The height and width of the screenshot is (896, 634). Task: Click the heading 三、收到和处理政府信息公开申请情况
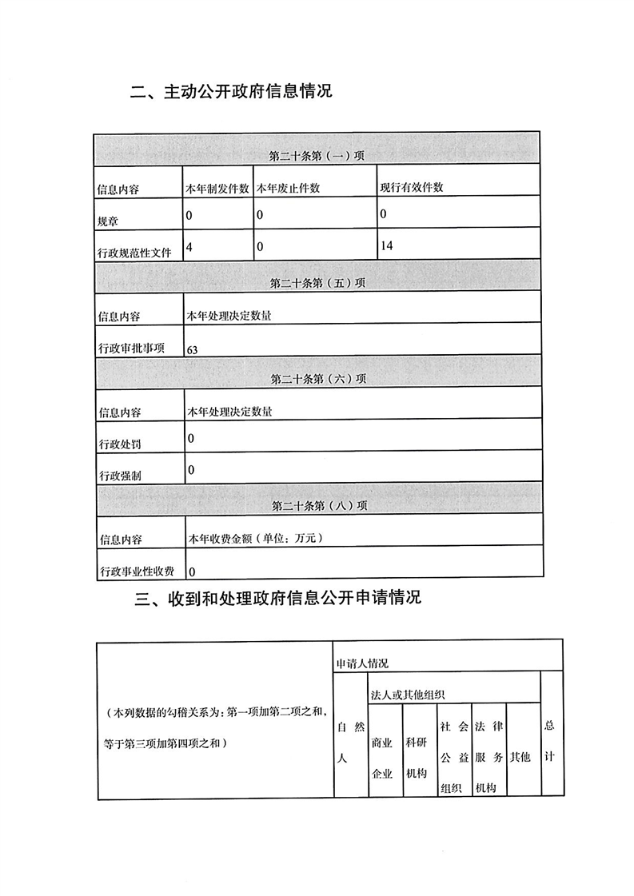277,599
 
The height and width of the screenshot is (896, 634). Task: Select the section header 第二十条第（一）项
317,155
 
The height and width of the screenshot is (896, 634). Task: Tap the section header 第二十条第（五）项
317,282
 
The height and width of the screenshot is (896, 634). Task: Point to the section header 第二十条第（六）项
317,378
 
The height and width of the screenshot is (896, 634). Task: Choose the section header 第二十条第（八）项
317,505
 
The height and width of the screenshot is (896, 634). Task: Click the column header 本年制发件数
217,188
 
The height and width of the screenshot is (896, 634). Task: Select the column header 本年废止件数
288,188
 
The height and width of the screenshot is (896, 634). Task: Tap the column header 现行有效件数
411,188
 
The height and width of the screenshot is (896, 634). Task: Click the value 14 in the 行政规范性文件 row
387,247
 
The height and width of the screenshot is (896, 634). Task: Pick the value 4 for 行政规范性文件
189,247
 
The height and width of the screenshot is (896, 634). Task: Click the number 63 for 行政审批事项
192,349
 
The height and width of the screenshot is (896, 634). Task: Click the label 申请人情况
362,663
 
